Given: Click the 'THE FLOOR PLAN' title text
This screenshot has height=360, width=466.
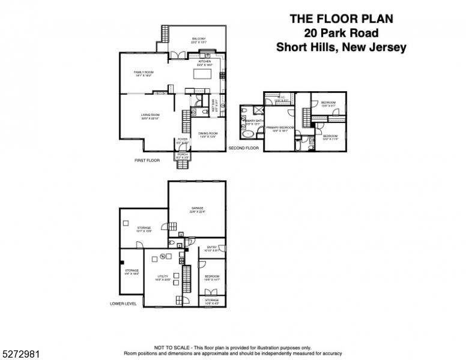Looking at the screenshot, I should (x=340, y=18).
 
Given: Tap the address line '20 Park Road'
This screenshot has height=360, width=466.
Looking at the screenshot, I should (x=340, y=32).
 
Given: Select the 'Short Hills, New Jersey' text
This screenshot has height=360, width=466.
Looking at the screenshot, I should (x=340, y=47).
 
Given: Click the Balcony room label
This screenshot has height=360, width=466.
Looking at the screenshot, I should (x=198, y=40).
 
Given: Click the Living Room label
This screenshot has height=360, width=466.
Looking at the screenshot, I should (x=150, y=116).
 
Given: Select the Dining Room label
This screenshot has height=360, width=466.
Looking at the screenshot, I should (x=208, y=134).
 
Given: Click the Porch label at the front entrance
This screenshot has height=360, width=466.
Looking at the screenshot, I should (x=183, y=155).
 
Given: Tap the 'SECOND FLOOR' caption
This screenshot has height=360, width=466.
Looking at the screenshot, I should (x=243, y=148).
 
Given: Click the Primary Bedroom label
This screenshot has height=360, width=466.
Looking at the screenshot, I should (x=280, y=128).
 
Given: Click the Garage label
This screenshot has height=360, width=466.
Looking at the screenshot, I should (x=198, y=209).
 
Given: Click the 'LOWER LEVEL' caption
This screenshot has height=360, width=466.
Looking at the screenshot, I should (x=123, y=304).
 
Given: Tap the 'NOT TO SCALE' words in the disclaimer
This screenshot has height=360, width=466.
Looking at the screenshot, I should (x=171, y=347).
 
